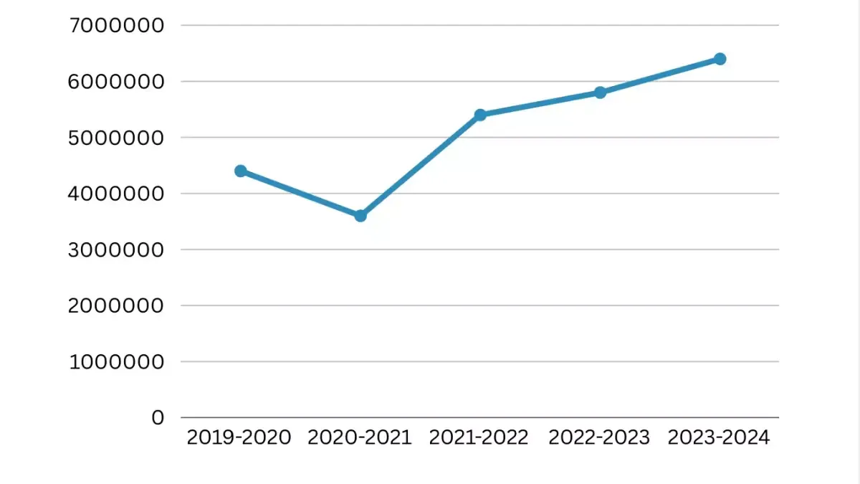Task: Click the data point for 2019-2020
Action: [241, 171]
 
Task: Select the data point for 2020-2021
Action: [360, 215]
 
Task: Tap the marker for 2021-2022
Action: [480, 115]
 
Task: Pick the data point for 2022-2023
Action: [600, 92]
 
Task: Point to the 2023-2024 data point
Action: [720, 59]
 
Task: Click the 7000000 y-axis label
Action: [117, 26]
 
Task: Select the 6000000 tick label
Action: [117, 82]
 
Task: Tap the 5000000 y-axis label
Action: [117, 138]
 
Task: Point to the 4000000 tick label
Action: [117, 194]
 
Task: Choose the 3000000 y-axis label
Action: [117, 250]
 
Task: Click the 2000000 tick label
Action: [117, 305]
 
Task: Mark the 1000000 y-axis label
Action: [117, 361]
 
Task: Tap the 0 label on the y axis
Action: [158, 417]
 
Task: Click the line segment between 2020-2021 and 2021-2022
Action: [420, 165]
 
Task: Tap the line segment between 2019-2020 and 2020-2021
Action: [300, 193]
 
